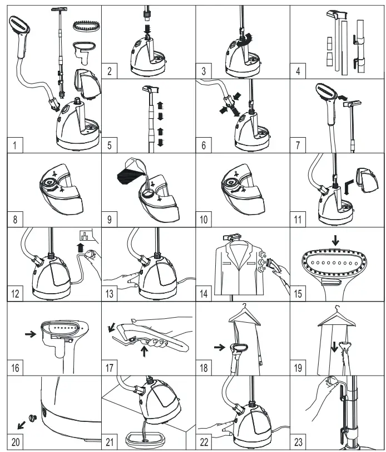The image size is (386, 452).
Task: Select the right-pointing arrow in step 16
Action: [28, 335]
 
